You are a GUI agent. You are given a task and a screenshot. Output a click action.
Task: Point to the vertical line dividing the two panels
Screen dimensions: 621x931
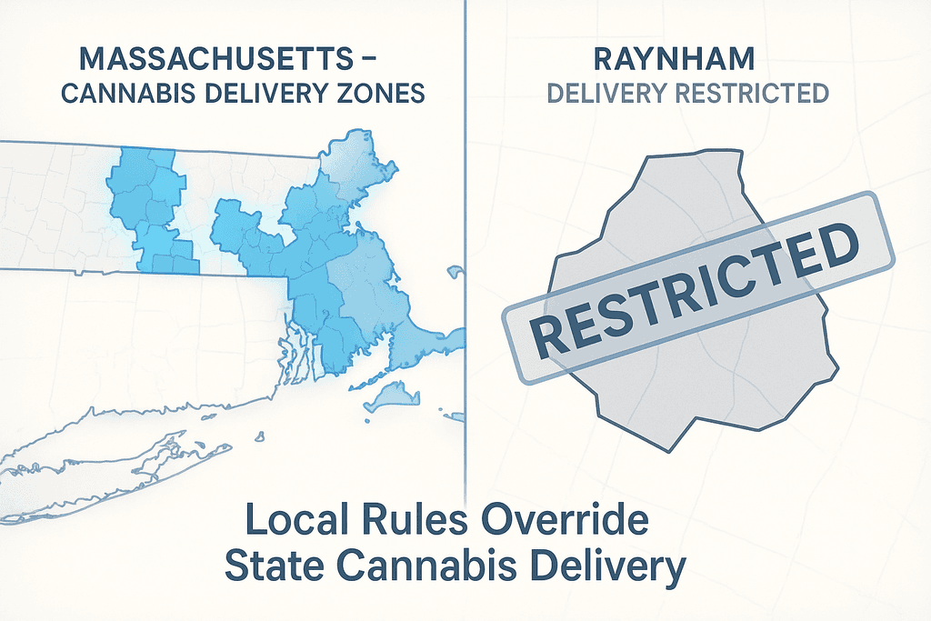[x=465, y=273]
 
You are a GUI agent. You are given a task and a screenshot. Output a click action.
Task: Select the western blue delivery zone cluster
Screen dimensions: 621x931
[x=150, y=209]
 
